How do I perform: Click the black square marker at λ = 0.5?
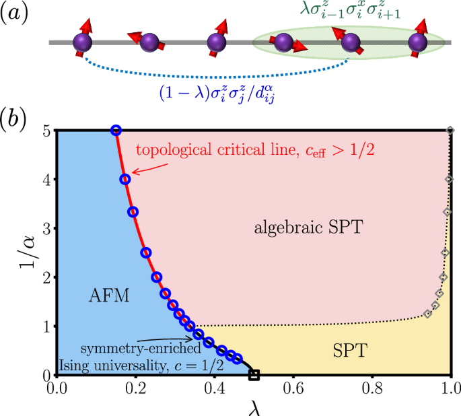coord(254,375)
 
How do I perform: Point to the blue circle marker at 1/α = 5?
coord(116,131)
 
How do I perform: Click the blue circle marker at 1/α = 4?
coord(125,179)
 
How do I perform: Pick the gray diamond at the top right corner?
coord(450,131)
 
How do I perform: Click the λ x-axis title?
coord(254,407)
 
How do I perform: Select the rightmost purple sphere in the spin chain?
coord(419,43)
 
